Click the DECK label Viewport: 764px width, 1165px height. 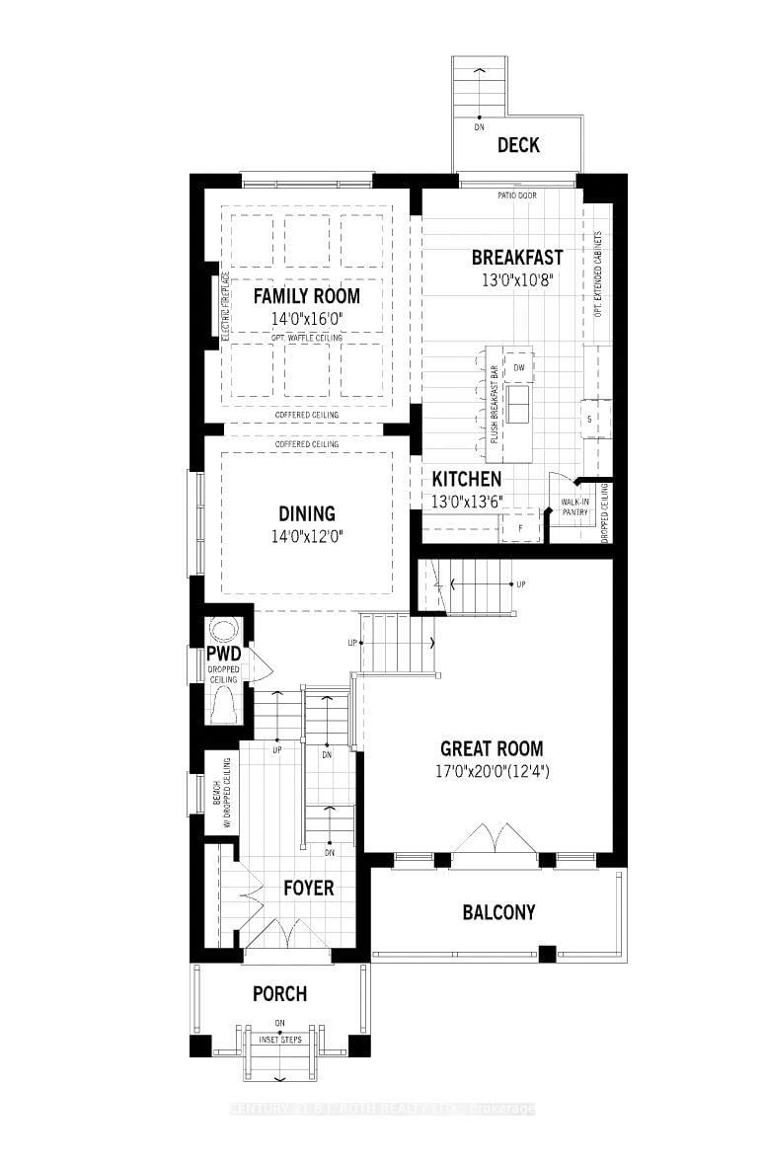pyautogui.click(x=518, y=145)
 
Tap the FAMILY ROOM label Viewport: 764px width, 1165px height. pyautogui.click(x=306, y=295)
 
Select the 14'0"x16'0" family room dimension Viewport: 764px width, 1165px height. pyautogui.click(x=306, y=318)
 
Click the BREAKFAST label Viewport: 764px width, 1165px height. pyautogui.click(x=517, y=257)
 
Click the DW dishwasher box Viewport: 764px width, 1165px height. pyautogui.click(x=518, y=369)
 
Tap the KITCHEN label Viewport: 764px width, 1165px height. pyautogui.click(x=467, y=479)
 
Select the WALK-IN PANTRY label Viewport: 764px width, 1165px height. pyautogui.click(x=574, y=506)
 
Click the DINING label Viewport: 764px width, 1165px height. pyautogui.click(x=306, y=513)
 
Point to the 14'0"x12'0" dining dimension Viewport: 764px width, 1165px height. pyautogui.click(x=306, y=536)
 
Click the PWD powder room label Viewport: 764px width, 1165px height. pyautogui.click(x=222, y=655)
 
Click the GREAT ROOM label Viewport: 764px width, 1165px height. pyautogui.click(x=492, y=748)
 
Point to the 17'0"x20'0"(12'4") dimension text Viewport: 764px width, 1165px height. pyautogui.click(x=492, y=770)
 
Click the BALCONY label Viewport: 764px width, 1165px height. pyautogui.click(x=498, y=912)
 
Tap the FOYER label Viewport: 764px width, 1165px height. pyautogui.click(x=308, y=888)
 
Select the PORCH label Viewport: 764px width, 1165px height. pyautogui.click(x=279, y=993)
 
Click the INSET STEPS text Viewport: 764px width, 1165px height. pyautogui.click(x=281, y=1040)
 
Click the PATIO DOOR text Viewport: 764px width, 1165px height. pyautogui.click(x=517, y=195)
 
